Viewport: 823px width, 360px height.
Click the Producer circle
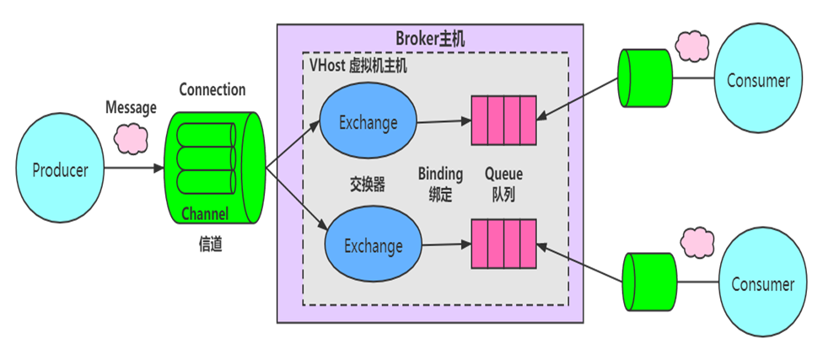(x=60, y=170)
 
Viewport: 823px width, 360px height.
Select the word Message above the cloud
(x=131, y=108)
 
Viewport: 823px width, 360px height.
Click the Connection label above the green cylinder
(x=212, y=89)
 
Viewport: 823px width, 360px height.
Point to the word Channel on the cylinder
(x=205, y=215)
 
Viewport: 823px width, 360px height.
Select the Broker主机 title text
(x=430, y=39)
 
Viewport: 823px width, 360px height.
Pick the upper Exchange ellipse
(x=368, y=123)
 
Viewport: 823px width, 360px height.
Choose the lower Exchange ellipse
(x=373, y=246)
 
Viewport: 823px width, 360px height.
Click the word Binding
(x=440, y=175)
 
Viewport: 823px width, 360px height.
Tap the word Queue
(x=503, y=175)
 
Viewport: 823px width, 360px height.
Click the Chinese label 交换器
(x=368, y=184)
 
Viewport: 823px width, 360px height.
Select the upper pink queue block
(x=503, y=121)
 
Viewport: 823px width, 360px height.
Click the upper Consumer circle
(x=758, y=81)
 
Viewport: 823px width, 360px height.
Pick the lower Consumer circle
(x=762, y=283)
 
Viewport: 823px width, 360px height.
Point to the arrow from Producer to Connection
(x=135, y=169)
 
